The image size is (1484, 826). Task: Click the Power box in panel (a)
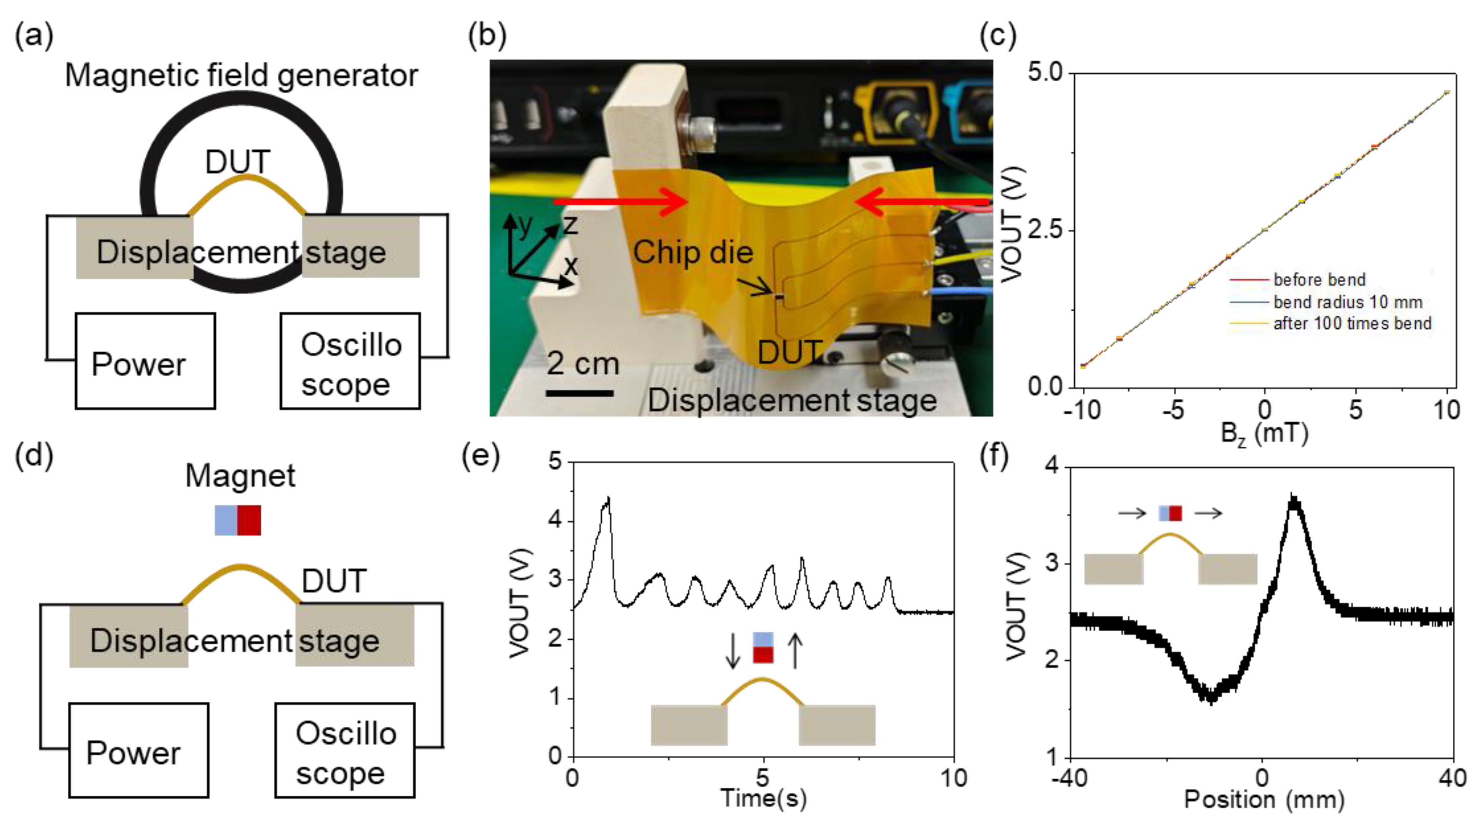pos(145,361)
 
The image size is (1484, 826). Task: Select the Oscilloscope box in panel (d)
pos(345,750)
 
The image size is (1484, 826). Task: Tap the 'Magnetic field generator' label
pos(241,76)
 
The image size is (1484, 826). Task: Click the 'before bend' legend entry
pos(1319,280)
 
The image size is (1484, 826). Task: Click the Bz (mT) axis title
pos(1264,433)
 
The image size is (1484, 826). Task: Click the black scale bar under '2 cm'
pos(580,393)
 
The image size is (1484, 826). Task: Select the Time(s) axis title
pos(763,798)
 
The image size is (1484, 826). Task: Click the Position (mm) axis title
pos(1264,799)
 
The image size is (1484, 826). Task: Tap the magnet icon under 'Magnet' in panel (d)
pos(237,520)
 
